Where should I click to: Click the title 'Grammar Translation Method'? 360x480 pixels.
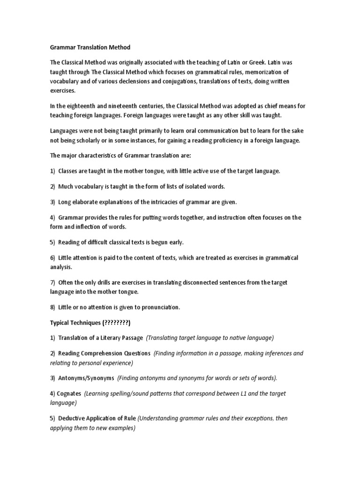click(x=90, y=47)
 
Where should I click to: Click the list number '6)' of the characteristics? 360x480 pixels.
click(x=52, y=258)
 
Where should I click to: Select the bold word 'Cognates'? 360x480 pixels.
click(x=69, y=393)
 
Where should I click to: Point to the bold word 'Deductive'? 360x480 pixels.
click(x=73, y=418)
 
